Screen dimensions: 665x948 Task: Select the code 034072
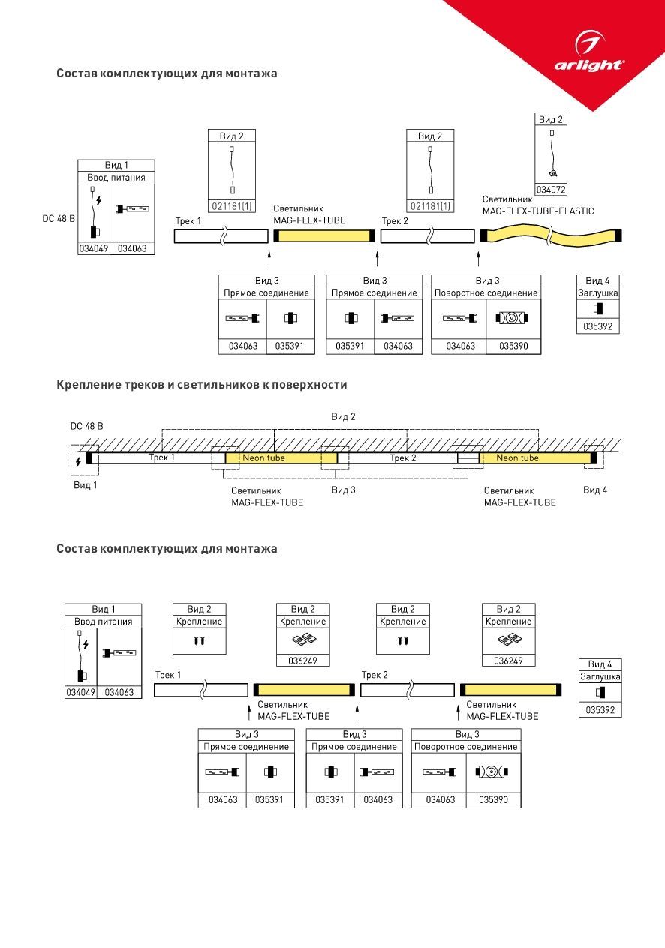(x=551, y=190)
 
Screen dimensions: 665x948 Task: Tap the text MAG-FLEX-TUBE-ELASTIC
(x=538, y=211)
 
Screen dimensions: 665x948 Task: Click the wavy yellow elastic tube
(x=551, y=235)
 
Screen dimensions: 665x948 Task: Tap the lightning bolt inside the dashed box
(x=78, y=461)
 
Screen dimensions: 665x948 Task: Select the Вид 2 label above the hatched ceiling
(x=343, y=416)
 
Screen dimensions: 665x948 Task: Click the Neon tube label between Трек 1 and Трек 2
(x=263, y=458)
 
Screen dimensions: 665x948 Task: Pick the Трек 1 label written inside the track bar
(x=161, y=457)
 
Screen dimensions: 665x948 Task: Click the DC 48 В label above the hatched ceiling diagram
(x=86, y=426)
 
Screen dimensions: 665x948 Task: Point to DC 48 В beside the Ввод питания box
(x=59, y=218)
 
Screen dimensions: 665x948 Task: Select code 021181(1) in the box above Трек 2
(x=430, y=206)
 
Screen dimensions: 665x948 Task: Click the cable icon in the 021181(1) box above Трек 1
(x=232, y=169)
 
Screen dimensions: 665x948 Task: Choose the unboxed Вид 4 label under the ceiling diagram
(x=595, y=490)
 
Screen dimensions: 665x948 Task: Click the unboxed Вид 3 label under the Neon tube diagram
(x=344, y=490)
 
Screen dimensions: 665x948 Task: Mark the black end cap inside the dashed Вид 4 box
(x=594, y=457)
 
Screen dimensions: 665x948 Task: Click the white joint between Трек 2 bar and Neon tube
(x=468, y=457)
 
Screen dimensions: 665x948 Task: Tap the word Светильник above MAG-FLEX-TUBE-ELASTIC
(x=507, y=199)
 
